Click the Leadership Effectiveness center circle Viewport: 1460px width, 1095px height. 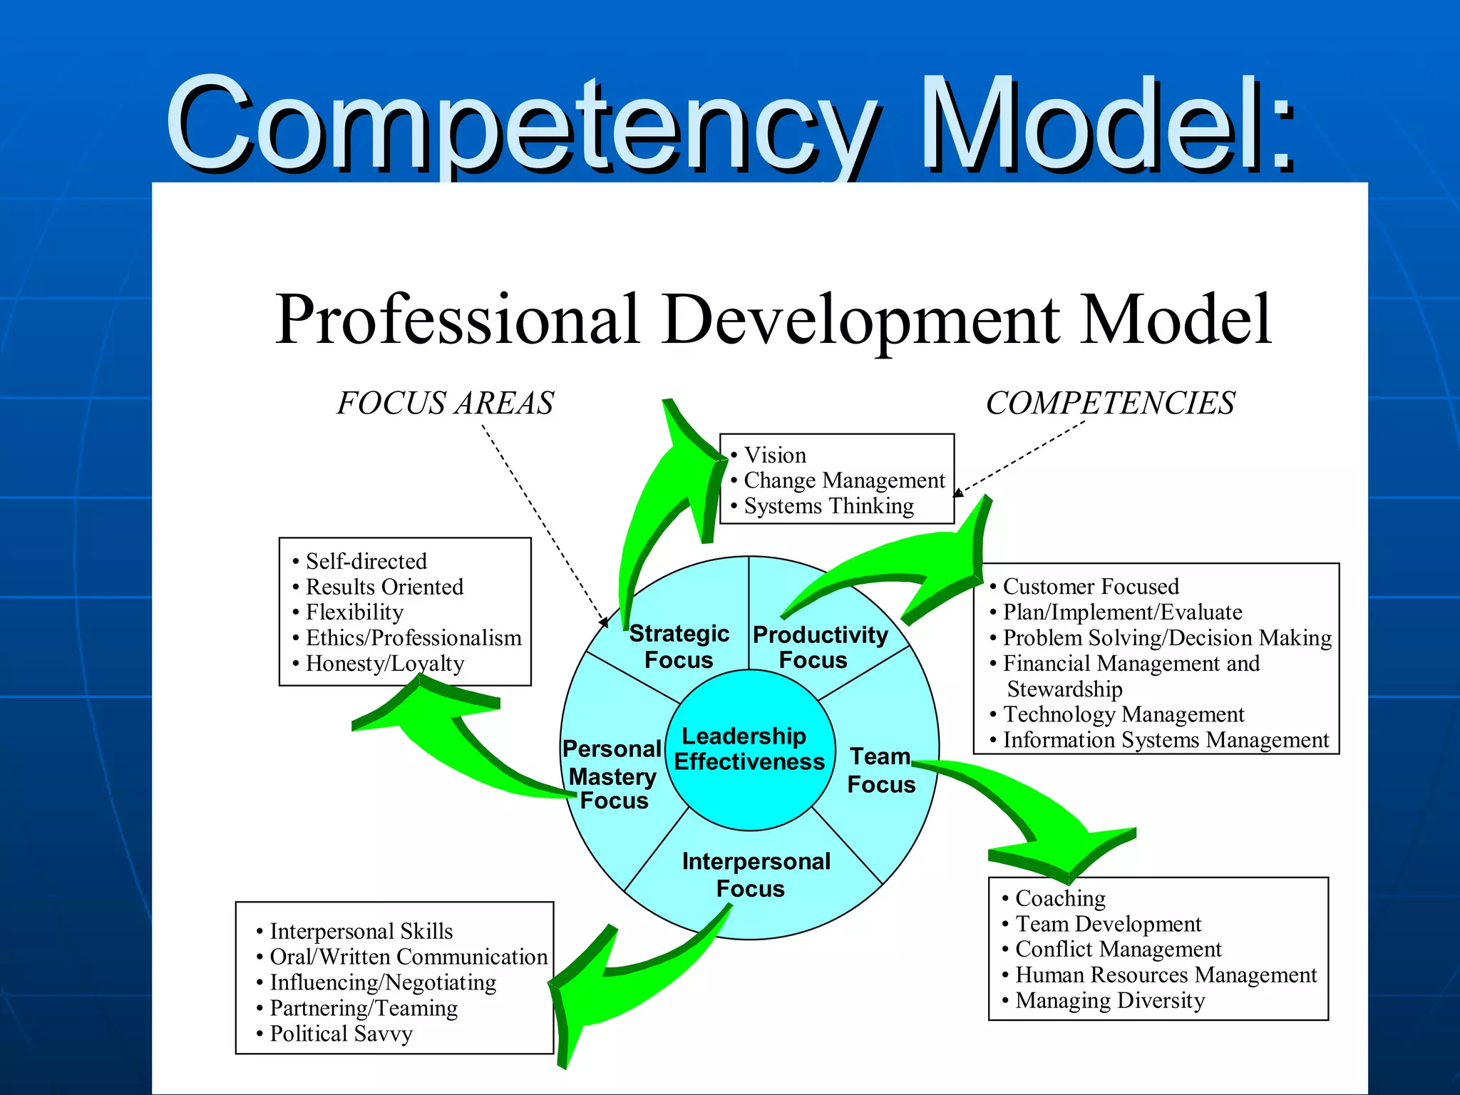(x=749, y=749)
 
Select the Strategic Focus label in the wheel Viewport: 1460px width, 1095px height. (x=679, y=647)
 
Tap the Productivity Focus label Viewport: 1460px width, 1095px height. (x=820, y=647)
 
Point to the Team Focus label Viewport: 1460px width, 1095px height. (x=881, y=770)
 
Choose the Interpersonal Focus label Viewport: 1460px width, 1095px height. (x=755, y=875)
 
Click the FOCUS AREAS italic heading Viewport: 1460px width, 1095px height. (x=446, y=403)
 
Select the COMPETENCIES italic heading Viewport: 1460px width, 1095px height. (x=1110, y=403)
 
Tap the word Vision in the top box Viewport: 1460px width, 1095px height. (x=775, y=455)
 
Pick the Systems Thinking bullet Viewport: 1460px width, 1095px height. (x=828, y=506)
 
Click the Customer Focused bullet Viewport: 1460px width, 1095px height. (x=1091, y=587)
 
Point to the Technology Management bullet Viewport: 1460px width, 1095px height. (x=1124, y=714)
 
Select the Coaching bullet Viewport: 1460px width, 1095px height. (x=1060, y=898)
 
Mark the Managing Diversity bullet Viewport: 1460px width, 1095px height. (x=1110, y=1000)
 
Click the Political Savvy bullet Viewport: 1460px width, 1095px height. (x=341, y=1034)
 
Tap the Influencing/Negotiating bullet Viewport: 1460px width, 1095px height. (x=383, y=982)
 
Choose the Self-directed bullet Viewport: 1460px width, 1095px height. (x=366, y=562)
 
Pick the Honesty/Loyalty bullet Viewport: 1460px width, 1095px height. (x=385, y=664)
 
